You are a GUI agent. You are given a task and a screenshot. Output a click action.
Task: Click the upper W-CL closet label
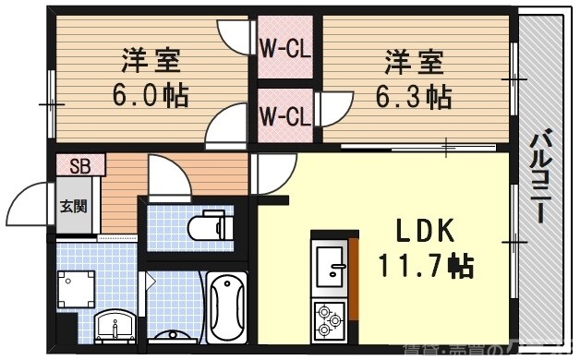pyautogui.click(x=284, y=47)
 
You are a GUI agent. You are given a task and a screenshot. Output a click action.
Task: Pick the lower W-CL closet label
pyautogui.click(x=284, y=116)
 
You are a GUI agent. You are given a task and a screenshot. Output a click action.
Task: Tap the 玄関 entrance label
pyautogui.click(x=74, y=206)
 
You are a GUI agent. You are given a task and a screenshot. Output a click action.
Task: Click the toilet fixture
pyautogui.click(x=206, y=225)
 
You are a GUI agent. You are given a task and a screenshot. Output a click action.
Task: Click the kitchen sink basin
pyautogui.click(x=329, y=268)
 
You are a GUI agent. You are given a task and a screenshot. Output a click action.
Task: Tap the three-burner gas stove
pyautogui.click(x=329, y=318)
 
